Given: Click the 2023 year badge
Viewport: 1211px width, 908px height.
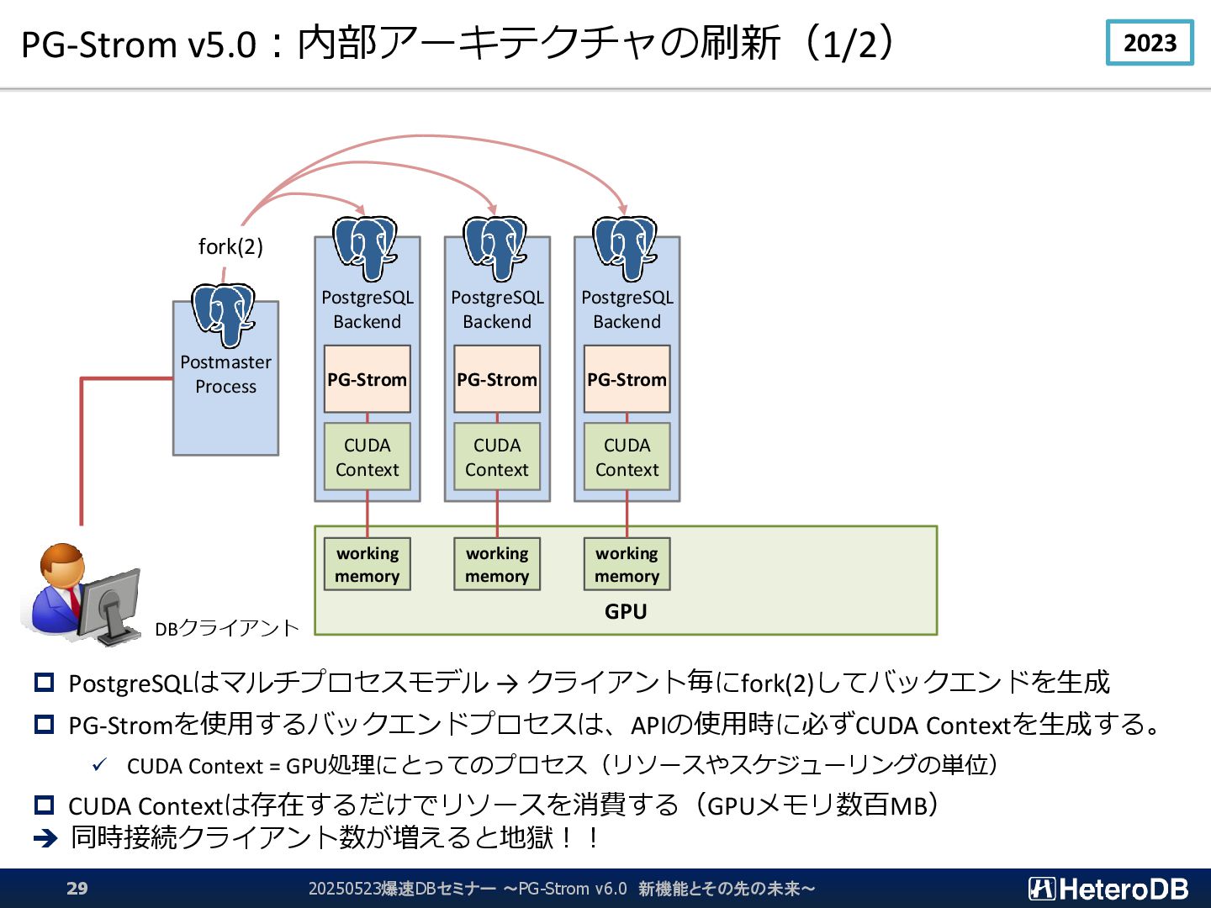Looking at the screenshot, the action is point(1150,42).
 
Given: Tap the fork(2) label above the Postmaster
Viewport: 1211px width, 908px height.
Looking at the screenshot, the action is point(230,246).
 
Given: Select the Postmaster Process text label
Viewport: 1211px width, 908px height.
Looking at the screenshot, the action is point(225,374).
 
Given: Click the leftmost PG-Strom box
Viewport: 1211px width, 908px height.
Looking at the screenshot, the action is point(367,379).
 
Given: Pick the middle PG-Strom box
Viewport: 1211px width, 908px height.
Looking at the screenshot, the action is point(497,379).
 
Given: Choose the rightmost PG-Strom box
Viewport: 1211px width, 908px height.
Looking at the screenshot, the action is point(627,379).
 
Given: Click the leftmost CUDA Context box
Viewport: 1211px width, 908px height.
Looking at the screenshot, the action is point(367,457).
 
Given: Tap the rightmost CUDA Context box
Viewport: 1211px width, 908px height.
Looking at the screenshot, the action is point(627,457).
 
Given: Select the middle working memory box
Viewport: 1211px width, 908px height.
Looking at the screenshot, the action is point(497,564).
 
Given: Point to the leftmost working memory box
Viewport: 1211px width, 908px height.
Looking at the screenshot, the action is point(367,564).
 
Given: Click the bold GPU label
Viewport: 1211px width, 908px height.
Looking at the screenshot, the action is point(626,611).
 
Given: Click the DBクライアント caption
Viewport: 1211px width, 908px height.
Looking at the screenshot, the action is point(227,629).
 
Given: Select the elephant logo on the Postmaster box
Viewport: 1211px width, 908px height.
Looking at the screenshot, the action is point(224,314).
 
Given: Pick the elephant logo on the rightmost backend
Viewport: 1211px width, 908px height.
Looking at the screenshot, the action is point(625,248).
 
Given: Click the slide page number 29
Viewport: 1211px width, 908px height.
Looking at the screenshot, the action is point(77,888).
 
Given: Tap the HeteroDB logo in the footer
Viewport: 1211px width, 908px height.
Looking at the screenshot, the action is point(1108,889).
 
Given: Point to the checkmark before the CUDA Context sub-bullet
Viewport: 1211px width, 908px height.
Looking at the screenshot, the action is point(100,765).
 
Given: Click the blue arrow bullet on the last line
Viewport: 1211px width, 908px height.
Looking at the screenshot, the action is point(45,838).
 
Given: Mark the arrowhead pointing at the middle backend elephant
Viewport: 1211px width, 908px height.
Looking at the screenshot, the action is point(493,209).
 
